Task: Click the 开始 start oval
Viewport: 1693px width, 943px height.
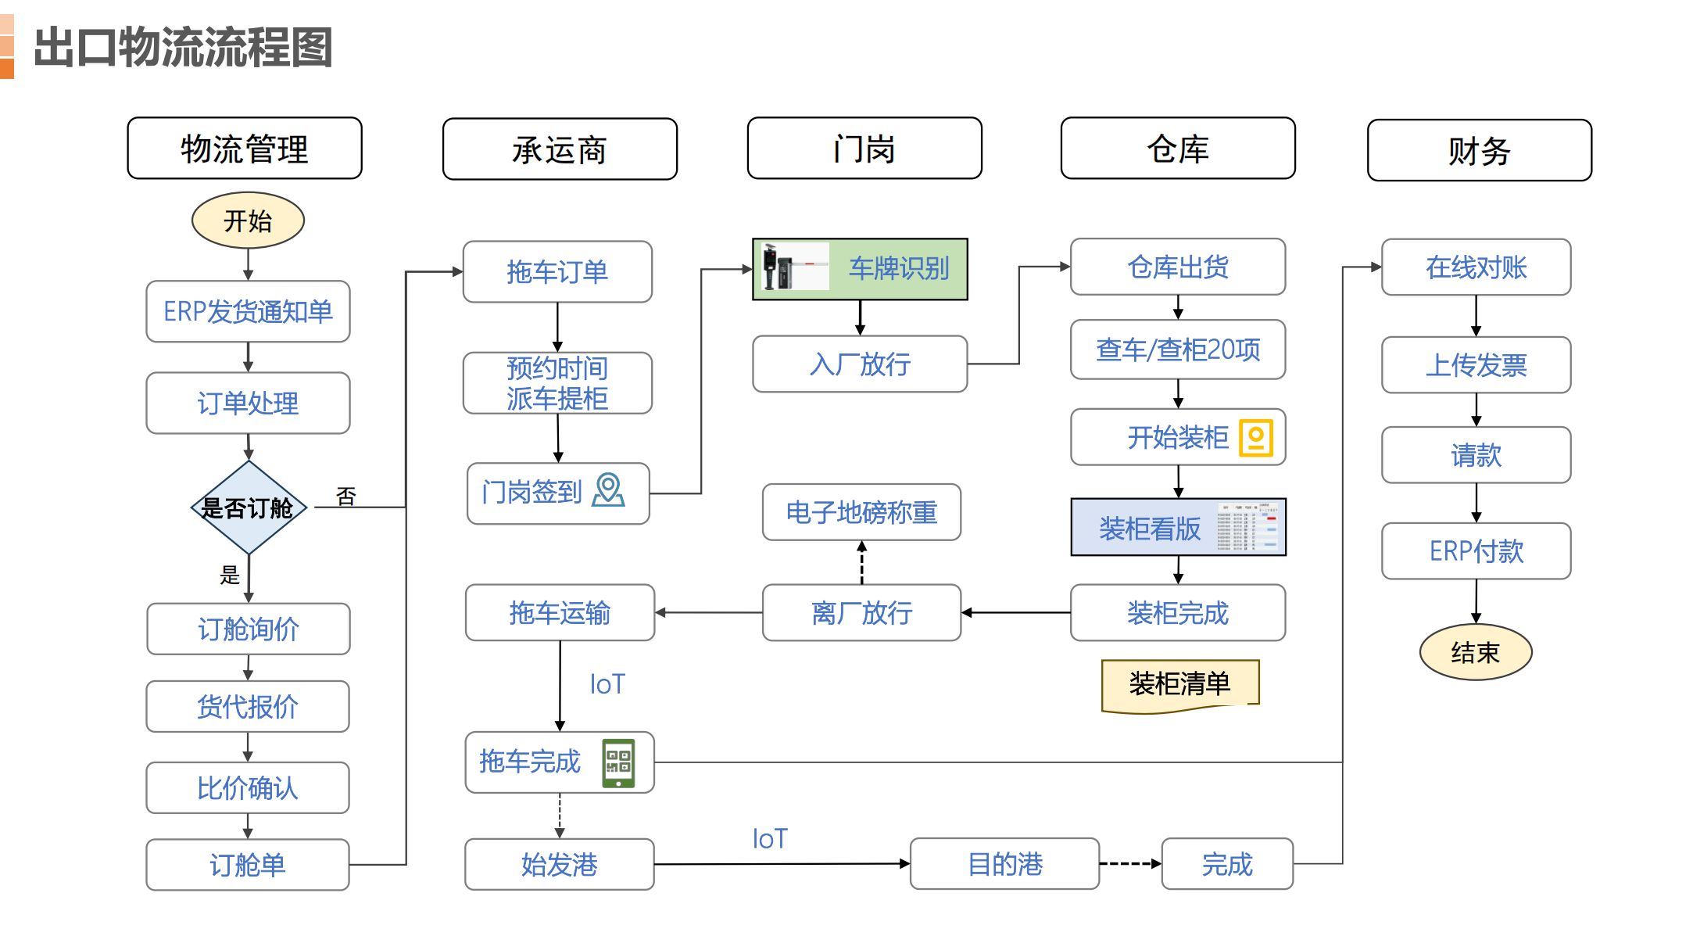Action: (248, 221)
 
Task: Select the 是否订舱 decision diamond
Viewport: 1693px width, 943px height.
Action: (248, 508)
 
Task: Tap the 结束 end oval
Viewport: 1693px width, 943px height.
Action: (1475, 652)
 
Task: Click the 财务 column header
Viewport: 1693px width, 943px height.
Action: (1479, 150)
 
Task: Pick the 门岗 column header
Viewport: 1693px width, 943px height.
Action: (864, 149)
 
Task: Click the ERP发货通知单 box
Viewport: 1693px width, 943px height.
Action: (248, 311)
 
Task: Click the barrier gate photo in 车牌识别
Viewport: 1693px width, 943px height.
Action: (793, 267)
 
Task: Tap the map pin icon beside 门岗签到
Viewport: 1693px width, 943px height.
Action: (608, 490)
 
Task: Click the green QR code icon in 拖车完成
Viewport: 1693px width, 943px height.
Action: (618, 762)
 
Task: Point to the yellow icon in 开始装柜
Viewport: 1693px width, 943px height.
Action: (1256, 438)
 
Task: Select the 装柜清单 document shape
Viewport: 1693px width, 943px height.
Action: (1179, 684)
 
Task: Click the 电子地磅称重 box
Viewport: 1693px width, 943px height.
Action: (861, 512)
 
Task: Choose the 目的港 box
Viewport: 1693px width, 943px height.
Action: (1004, 864)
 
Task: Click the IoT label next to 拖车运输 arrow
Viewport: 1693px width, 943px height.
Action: (607, 684)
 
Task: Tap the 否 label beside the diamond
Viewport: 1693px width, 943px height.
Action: (345, 497)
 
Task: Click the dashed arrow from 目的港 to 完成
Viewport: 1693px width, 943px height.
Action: (1130, 864)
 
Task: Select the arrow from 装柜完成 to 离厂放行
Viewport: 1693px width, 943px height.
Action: (1016, 612)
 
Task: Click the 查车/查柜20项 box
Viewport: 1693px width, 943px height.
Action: (1177, 350)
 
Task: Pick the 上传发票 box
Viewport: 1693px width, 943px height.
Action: (1476, 365)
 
